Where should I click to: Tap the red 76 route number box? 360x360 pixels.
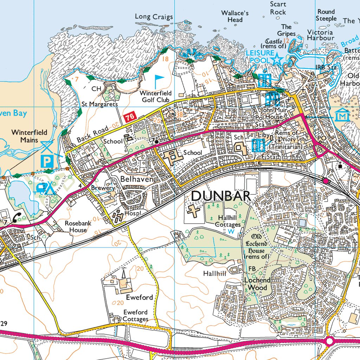[x=130, y=117]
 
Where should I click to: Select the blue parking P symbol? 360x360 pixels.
[x=46, y=161]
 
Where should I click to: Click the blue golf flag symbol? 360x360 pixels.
[x=159, y=81]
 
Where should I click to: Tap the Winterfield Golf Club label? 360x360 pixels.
[x=155, y=97]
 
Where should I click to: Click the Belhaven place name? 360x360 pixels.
[x=137, y=179]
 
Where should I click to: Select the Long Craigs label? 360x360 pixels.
[x=154, y=17]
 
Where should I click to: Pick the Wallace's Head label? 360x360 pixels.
[x=235, y=17]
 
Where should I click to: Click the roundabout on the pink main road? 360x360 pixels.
[x=329, y=341]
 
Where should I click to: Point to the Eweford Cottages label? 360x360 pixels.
[x=135, y=316]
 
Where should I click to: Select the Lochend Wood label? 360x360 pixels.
[x=257, y=284]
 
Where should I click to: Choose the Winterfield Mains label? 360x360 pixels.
[x=29, y=136]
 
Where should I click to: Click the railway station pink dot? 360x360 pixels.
[x=326, y=181]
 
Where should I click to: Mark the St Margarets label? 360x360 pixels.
[x=99, y=104]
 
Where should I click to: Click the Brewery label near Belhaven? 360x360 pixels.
[x=103, y=188]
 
